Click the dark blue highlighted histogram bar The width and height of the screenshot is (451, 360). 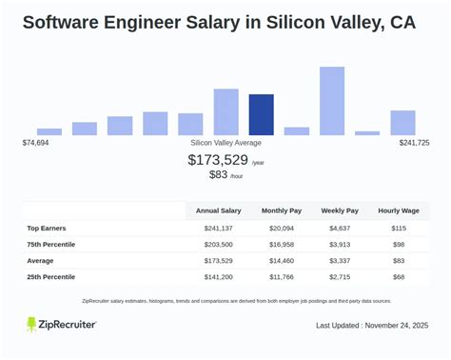261,114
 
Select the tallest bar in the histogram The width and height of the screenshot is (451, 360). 331,101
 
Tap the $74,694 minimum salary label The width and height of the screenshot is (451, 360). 35,142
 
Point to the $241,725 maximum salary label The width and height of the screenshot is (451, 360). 414,142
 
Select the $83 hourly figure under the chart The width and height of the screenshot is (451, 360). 218,175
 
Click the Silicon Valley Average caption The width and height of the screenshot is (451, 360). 225,142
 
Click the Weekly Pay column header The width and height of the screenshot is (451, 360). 340,210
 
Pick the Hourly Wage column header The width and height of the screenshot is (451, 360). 399,210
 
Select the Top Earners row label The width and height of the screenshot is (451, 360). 46,229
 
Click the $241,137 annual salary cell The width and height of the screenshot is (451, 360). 219,229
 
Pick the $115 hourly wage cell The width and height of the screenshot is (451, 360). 399,229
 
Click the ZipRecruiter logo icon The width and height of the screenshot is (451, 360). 32,325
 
